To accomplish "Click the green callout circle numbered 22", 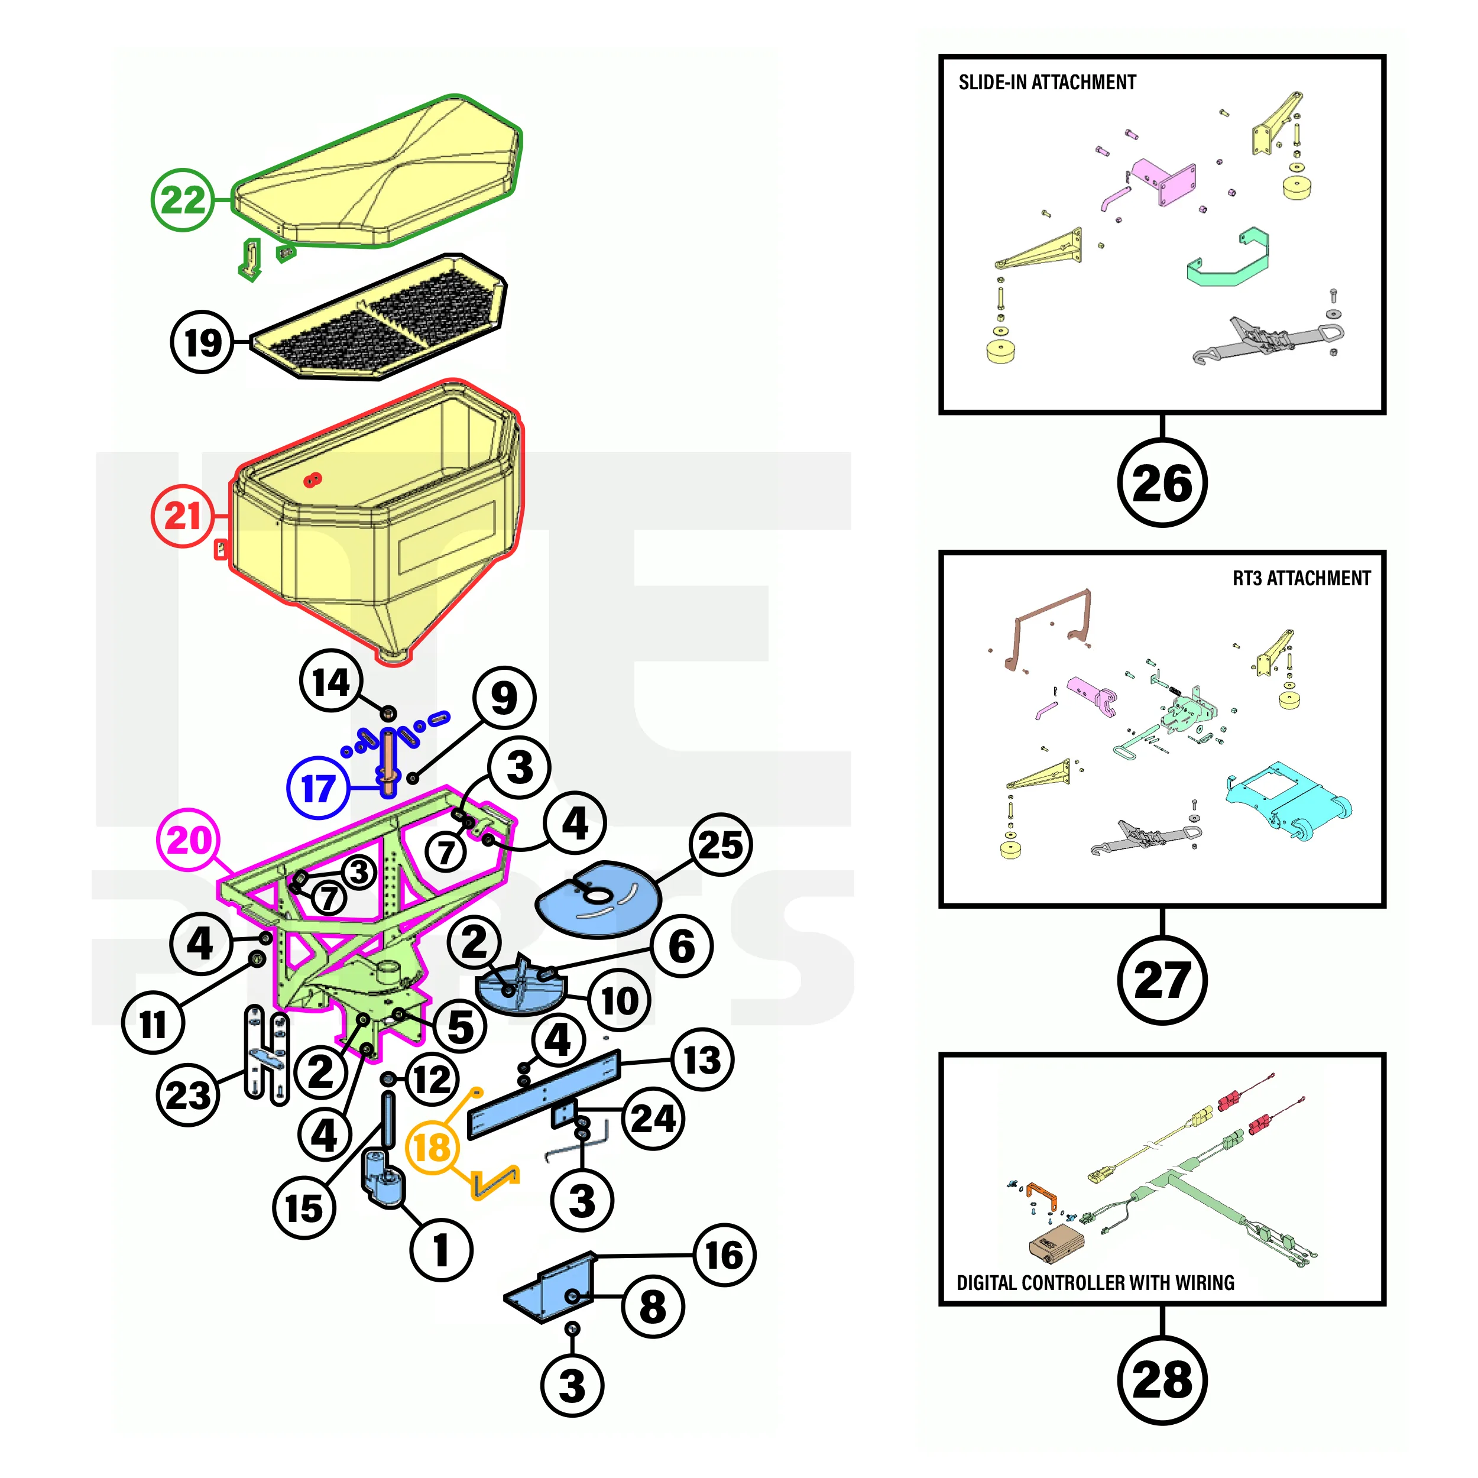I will [x=183, y=200].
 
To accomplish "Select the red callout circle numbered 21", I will [x=182, y=516].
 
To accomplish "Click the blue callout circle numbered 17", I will [x=318, y=788].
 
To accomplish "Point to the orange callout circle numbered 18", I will [x=432, y=1148].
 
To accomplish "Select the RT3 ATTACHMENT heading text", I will [x=1301, y=578].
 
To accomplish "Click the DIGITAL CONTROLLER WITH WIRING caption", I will [x=1095, y=1283].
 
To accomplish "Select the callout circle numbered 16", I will [x=724, y=1255].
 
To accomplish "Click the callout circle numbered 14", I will [x=330, y=681].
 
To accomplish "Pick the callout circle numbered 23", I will [x=187, y=1095].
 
